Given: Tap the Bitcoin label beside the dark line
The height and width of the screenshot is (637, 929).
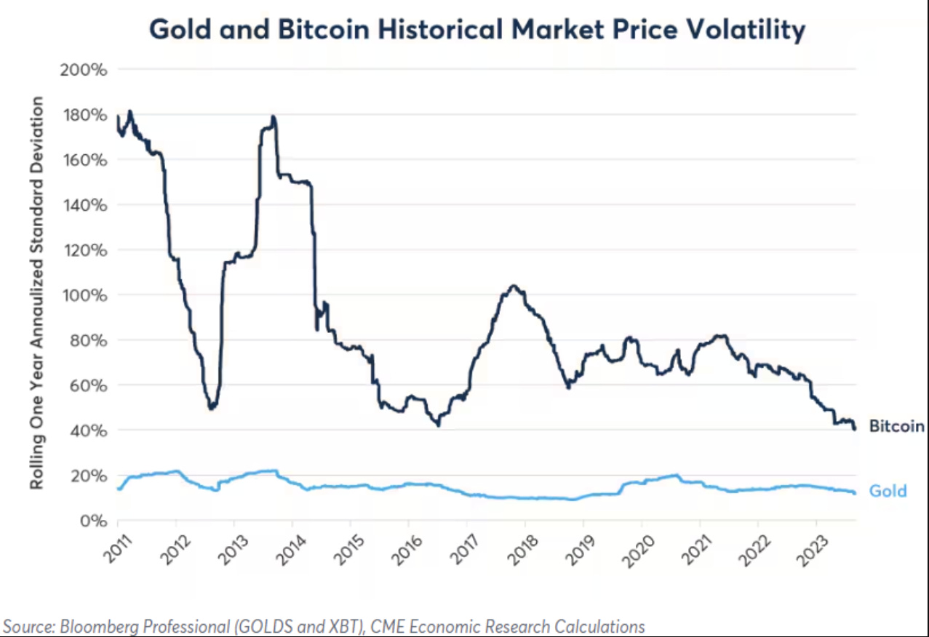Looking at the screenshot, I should pos(896,427).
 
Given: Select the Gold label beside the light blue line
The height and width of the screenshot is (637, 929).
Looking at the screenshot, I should pos(888,491).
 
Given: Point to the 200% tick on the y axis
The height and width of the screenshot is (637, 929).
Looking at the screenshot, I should pos(87,71).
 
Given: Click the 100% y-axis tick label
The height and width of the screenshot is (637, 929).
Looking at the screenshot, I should pos(87,295).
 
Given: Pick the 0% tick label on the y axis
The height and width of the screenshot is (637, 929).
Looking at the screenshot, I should pos(94,521).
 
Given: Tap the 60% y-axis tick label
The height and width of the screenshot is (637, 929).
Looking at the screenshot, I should pos(90,385).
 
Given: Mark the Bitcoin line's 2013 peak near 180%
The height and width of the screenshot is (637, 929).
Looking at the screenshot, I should pos(273,116).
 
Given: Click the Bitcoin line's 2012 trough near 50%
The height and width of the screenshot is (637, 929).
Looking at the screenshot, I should pos(211,408).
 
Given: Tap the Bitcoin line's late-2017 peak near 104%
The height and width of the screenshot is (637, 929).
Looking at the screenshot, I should pos(513,286).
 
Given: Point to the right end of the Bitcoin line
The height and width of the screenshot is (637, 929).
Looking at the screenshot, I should pos(854,428).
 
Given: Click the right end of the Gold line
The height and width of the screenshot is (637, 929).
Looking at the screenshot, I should pos(854,493).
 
